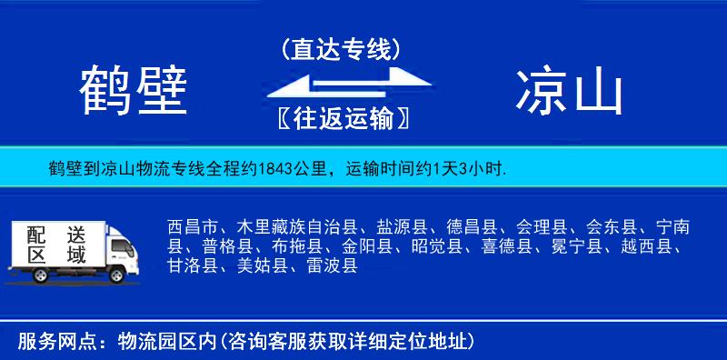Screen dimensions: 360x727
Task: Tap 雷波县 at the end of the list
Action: tap(331, 266)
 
